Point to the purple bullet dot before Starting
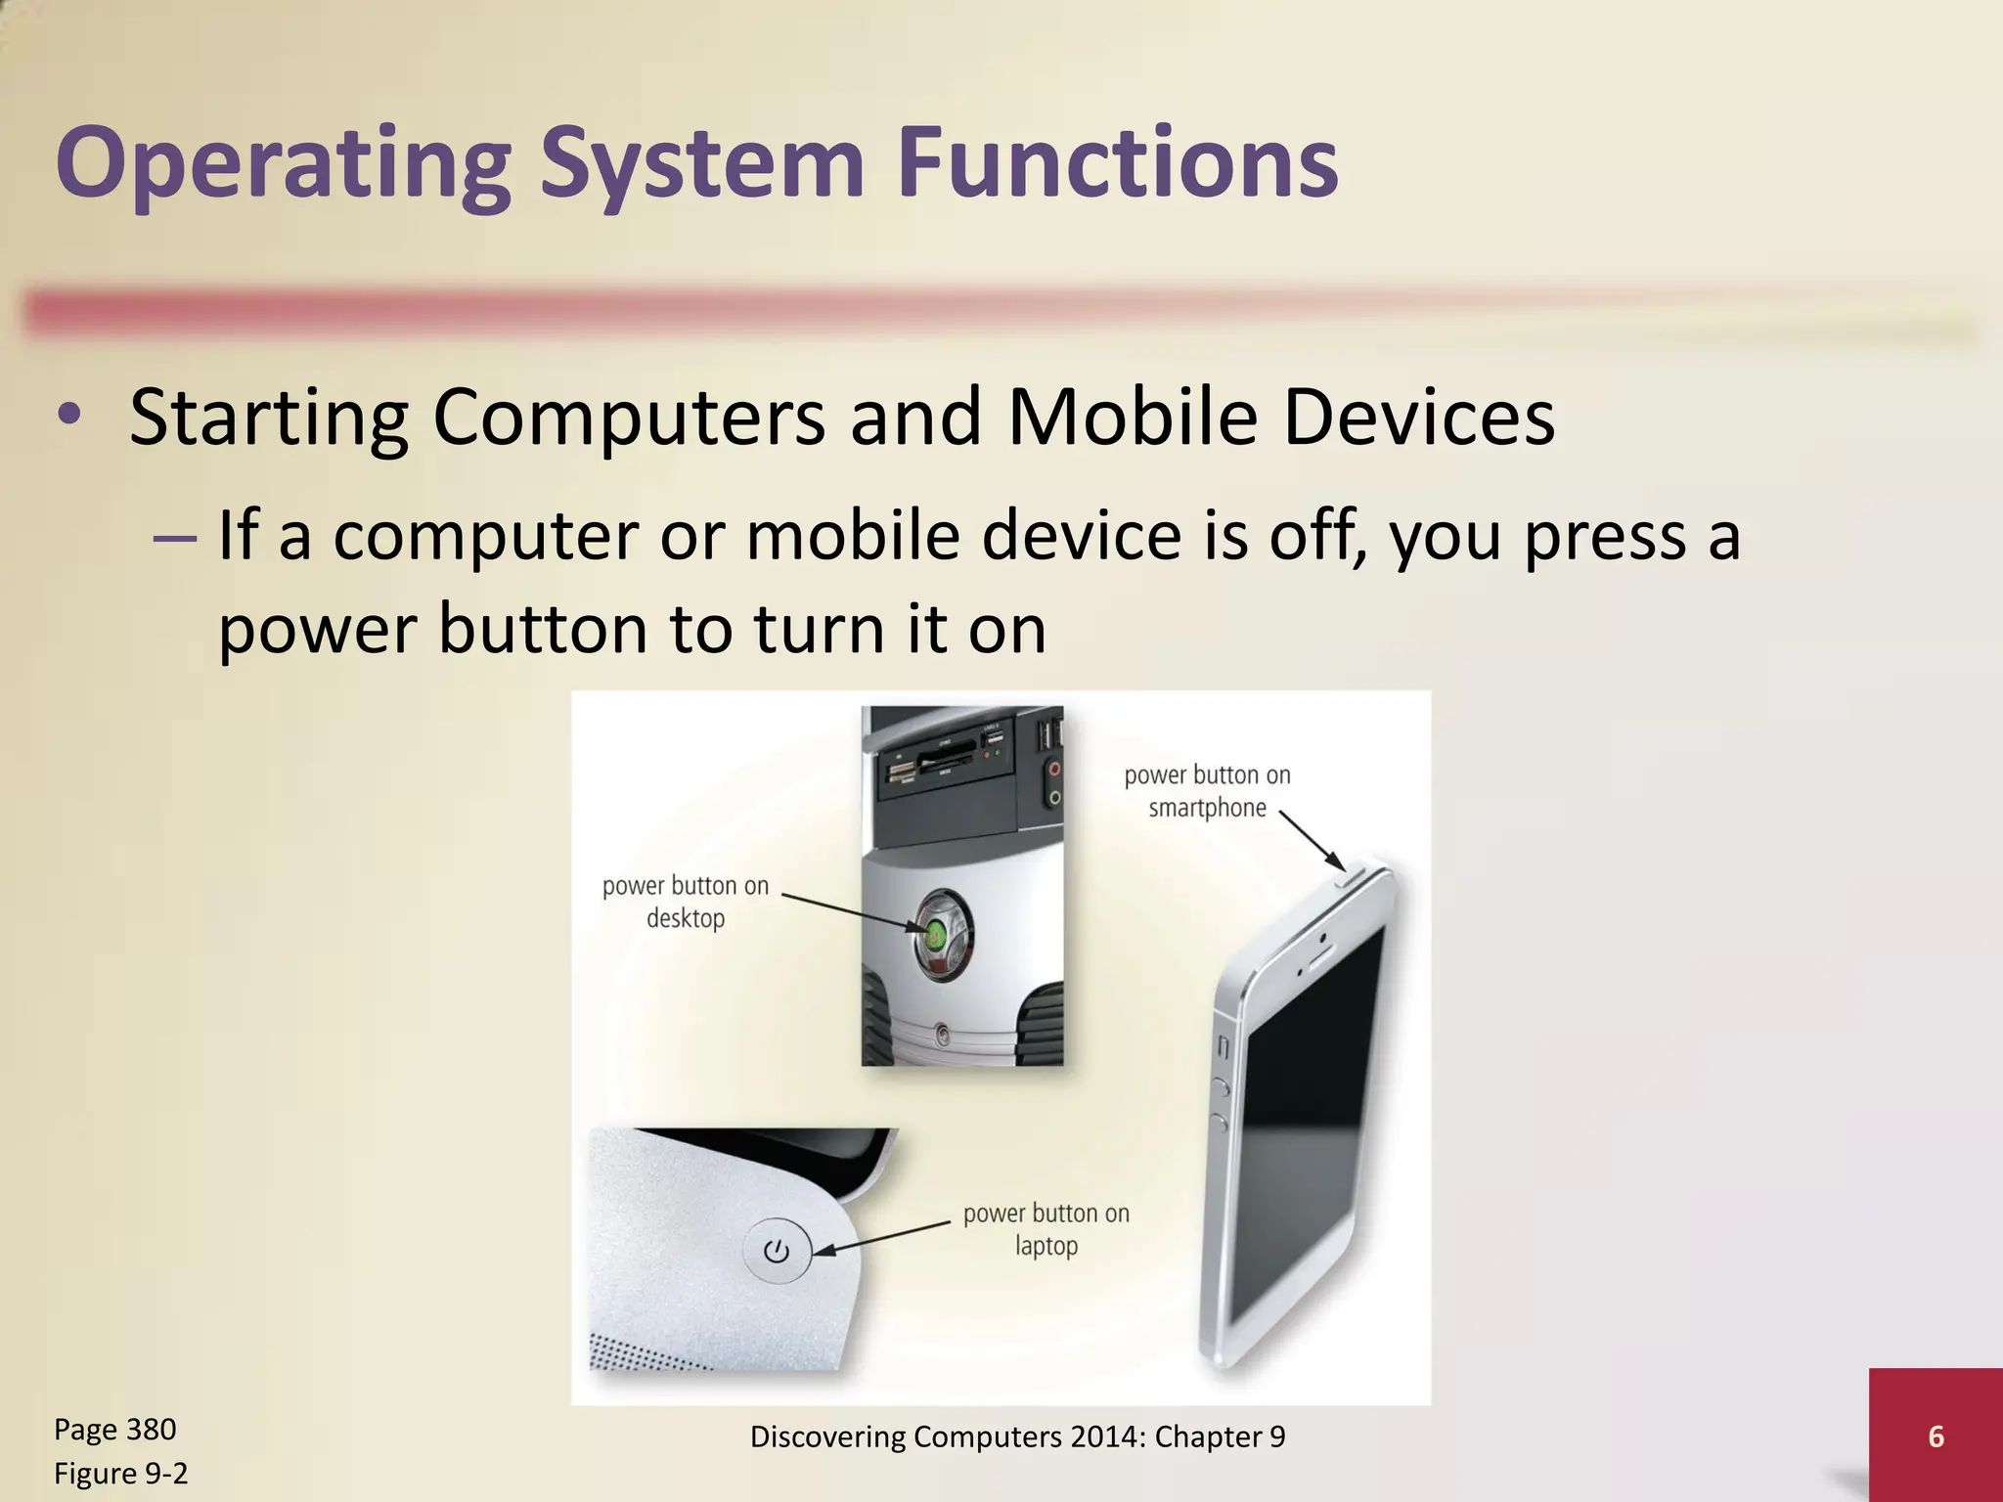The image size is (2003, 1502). point(68,415)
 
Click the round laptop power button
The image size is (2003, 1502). point(777,1252)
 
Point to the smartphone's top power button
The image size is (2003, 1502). point(1354,873)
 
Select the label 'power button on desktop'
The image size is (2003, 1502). point(686,902)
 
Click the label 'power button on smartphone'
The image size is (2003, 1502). point(1207,791)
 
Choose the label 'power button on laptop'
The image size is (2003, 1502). point(1046,1229)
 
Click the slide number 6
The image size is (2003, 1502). point(1936,1436)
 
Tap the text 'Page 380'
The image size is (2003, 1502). point(114,1429)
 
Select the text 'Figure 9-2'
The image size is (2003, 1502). point(120,1473)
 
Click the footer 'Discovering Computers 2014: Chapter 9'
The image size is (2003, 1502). point(1017,1436)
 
